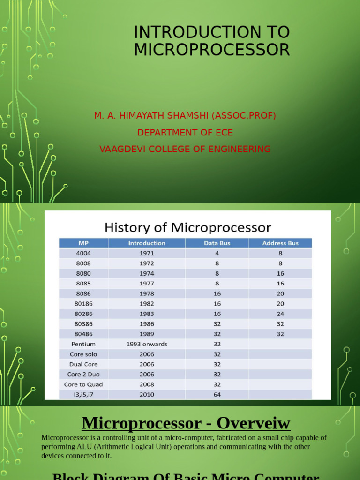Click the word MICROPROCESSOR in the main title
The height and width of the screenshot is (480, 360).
point(212,49)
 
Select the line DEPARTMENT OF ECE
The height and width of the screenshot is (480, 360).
point(185,133)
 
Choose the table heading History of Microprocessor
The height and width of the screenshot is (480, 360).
point(187,228)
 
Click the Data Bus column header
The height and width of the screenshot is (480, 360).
point(217,243)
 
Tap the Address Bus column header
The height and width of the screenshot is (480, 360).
point(280,243)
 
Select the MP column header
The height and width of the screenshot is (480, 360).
point(83,243)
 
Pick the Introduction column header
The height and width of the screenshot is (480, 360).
point(147,243)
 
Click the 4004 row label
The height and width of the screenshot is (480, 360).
point(83,253)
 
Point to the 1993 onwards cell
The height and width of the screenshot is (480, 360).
point(147,344)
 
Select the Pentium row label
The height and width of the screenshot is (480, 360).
point(83,344)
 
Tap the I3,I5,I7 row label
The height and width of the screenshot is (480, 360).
point(83,395)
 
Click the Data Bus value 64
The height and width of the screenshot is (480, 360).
point(217,395)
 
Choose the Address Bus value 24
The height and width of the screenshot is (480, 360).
point(280,314)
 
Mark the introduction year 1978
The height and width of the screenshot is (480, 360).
point(147,293)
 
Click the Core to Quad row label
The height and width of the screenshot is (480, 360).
point(83,384)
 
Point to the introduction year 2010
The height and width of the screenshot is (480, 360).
point(147,395)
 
